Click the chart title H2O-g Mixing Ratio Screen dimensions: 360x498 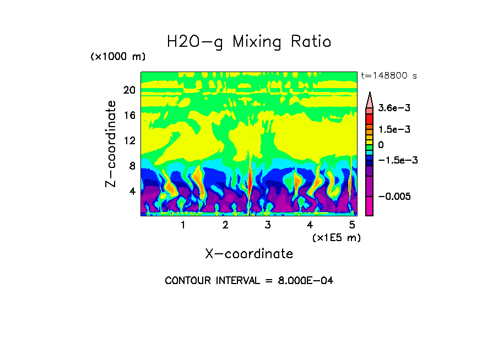249,42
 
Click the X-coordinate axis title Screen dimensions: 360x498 249,254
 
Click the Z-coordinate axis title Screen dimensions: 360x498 111,143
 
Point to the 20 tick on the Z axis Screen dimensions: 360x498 129,90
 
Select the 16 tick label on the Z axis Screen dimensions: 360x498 129,116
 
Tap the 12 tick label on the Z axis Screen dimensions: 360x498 129,141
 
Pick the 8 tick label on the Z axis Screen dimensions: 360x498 132,166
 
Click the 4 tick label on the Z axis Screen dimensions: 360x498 132,191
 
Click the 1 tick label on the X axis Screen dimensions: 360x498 183,225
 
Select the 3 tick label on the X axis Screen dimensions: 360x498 268,225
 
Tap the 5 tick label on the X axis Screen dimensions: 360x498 353,225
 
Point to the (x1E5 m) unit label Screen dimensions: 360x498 336,237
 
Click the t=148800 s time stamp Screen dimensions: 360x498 388,75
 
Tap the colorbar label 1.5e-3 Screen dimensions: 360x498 392,129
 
